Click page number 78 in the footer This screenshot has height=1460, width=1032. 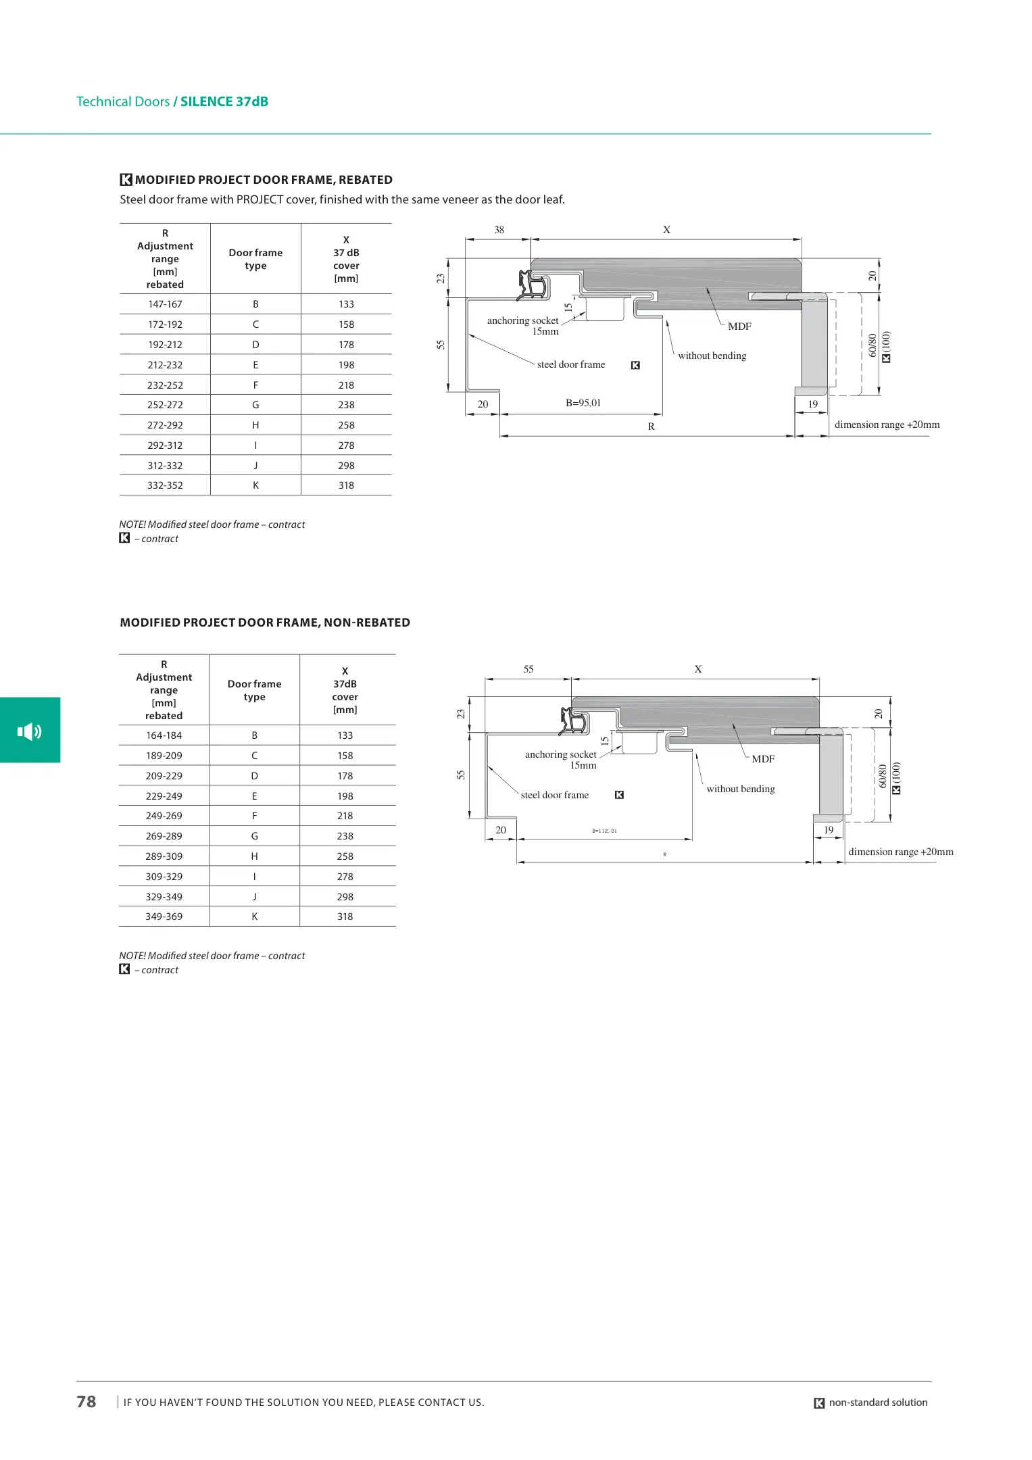(87, 1401)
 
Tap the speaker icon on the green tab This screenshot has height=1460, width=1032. (30, 731)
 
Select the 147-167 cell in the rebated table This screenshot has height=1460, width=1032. (165, 304)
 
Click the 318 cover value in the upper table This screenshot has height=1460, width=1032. (346, 485)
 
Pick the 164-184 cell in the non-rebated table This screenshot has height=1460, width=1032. (164, 735)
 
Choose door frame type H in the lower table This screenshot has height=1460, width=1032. (254, 856)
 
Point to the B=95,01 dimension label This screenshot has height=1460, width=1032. (583, 403)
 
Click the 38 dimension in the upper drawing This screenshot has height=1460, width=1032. (499, 230)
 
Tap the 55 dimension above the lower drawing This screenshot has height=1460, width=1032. (529, 669)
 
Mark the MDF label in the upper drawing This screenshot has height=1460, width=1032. (739, 326)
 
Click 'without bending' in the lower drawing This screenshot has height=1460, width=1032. (741, 789)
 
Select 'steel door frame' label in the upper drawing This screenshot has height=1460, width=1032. (571, 364)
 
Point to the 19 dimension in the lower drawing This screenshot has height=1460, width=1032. (829, 830)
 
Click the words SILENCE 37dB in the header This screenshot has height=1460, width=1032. (224, 101)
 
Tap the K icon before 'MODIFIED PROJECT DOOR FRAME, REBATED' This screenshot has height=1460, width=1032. (126, 180)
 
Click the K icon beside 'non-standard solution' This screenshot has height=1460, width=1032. (819, 1403)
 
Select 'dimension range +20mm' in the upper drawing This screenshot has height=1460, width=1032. (887, 424)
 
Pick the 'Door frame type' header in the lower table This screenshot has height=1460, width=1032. (254, 690)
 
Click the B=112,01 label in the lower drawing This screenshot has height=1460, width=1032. (604, 831)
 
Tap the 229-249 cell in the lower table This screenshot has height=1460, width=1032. (164, 796)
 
